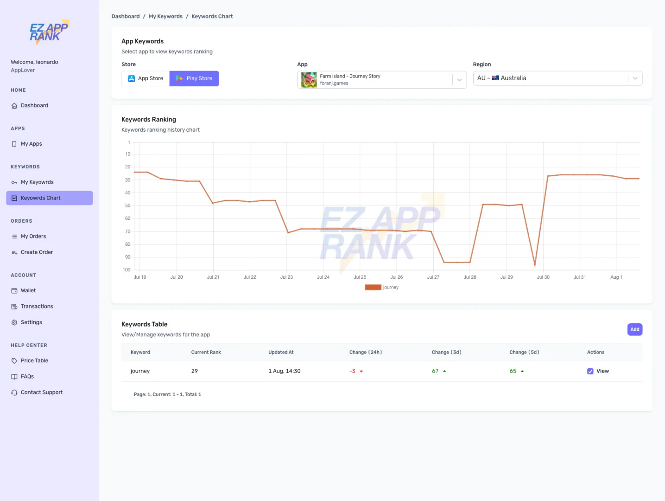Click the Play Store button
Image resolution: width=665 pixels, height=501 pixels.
pyautogui.click(x=194, y=78)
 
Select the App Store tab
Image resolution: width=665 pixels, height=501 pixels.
pyautogui.click(x=146, y=78)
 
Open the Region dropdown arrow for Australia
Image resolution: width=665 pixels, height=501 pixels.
pyautogui.click(x=635, y=78)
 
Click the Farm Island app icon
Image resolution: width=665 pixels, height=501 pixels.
pyautogui.click(x=309, y=80)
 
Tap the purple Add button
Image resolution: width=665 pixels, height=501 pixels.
pyautogui.click(x=634, y=329)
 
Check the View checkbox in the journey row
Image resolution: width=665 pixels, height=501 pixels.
pyautogui.click(x=590, y=371)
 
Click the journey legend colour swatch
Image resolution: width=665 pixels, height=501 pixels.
pyautogui.click(x=373, y=287)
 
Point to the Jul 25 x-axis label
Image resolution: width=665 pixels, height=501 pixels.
pyautogui.click(x=360, y=277)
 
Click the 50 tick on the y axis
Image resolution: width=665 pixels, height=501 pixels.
pyautogui.click(x=127, y=206)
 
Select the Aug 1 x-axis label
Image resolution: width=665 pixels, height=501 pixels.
pyautogui.click(x=616, y=277)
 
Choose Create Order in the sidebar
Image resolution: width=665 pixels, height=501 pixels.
pyautogui.click(x=37, y=252)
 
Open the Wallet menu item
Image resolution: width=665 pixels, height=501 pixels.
pyautogui.click(x=28, y=291)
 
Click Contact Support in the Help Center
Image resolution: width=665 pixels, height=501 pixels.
pyautogui.click(x=42, y=392)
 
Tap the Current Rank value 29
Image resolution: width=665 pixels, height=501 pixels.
pyautogui.click(x=195, y=371)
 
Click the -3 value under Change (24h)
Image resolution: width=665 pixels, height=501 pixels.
pyautogui.click(x=353, y=371)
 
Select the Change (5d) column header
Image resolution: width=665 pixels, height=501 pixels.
pyautogui.click(x=524, y=352)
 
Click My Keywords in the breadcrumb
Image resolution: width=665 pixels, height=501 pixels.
pyautogui.click(x=165, y=16)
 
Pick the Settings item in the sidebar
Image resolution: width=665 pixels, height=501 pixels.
pyautogui.click(x=32, y=322)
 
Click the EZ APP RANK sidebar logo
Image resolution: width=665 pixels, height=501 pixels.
pyautogui.click(x=49, y=32)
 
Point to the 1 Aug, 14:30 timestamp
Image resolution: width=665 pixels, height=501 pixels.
pyautogui.click(x=284, y=371)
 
